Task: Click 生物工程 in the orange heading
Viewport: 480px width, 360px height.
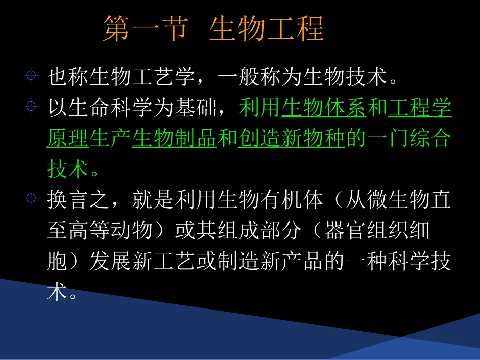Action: (x=266, y=29)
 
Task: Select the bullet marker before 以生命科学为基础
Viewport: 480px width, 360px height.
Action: (x=32, y=107)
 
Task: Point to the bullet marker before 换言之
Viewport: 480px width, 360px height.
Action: (x=32, y=198)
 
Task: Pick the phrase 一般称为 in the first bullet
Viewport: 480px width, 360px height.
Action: (x=260, y=78)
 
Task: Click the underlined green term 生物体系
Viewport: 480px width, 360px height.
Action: (x=324, y=108)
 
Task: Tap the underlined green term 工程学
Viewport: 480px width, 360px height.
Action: (x=420, y=108)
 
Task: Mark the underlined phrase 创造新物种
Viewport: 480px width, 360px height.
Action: (x=292, y=139)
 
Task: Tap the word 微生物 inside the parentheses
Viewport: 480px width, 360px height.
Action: (x=398, y=200)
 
